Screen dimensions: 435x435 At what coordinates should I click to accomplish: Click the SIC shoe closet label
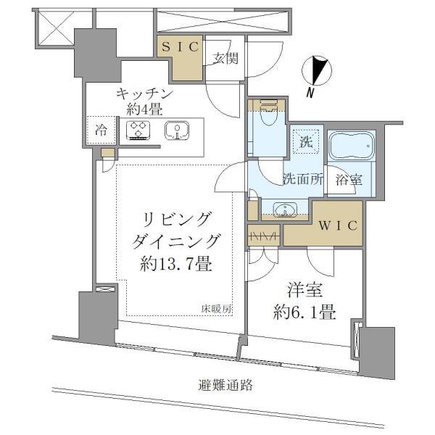(180, 47)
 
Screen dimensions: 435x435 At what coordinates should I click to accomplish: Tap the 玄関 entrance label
(225, 58)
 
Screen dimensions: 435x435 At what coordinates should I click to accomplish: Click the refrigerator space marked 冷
(101, 130)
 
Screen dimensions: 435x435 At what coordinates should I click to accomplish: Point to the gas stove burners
(138, 130)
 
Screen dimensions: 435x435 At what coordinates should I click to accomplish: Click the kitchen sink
(177, 130)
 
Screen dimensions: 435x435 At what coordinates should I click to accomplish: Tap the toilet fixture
(268, 112)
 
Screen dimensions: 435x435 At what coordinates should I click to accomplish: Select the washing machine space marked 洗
(307, 142)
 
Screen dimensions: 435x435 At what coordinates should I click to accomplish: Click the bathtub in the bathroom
(352, 146)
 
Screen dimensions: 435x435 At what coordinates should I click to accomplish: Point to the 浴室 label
(349, 180)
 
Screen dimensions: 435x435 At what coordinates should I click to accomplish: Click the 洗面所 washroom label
(303, 179)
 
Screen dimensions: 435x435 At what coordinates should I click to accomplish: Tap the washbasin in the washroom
(285, 208)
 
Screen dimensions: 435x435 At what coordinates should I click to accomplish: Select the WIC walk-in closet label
(338, 225)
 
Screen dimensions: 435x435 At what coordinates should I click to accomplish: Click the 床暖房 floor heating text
(216, 309)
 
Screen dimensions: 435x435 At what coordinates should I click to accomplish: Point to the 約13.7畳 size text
(176, 263)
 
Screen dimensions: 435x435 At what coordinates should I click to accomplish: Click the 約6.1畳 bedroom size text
(304, 312)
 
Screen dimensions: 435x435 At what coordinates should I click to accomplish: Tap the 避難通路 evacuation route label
(225, 385)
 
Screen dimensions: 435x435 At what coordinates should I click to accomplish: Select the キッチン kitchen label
(144, 94)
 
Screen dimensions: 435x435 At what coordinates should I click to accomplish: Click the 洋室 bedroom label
(305, 291)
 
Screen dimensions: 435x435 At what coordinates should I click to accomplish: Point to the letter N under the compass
(310, 93)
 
